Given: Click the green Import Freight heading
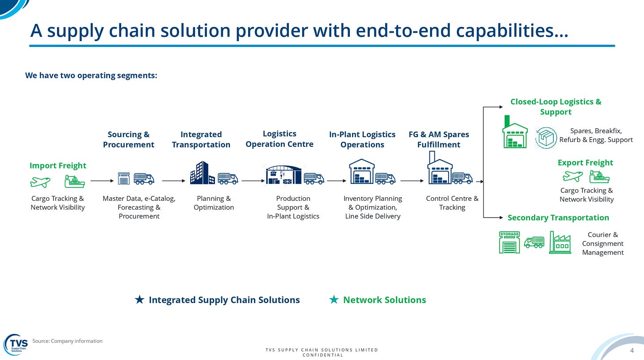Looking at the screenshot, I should (x=58, y=165).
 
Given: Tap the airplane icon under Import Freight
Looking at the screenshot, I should (x=40, y=181).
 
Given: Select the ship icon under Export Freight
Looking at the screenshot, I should (x=599, y=177).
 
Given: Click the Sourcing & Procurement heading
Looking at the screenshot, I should (x=128, y=139).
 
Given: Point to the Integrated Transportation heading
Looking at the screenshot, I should (x=201, y=139).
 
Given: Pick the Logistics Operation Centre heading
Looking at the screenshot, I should (x=280, y=139).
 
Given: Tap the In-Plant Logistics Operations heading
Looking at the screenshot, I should (x=362, y=139).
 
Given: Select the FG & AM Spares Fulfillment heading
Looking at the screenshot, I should (x=439, y=139).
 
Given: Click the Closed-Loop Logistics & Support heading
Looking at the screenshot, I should (x=556, y=107).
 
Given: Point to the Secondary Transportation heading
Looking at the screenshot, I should (x=558, y=218).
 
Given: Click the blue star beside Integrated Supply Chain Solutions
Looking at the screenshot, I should (x=139, y=300).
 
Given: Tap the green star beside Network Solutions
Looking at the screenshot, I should (x=334, y=300).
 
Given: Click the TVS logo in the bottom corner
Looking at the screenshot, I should (x=16, y=344).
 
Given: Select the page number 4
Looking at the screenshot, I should (x=632, y=350).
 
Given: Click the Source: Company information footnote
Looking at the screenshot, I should (x=67, y=341).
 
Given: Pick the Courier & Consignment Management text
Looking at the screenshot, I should (x=602, y=244).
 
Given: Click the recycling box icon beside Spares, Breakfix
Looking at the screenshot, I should (x=546, y=138).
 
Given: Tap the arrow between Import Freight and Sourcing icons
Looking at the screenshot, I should (x=102, y=181).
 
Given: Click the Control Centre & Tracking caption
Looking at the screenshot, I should (x=452, y=203).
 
